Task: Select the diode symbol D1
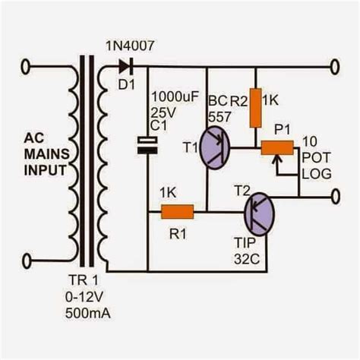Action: [x=121, y=67]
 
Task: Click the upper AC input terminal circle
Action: [x=28, y=67]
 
